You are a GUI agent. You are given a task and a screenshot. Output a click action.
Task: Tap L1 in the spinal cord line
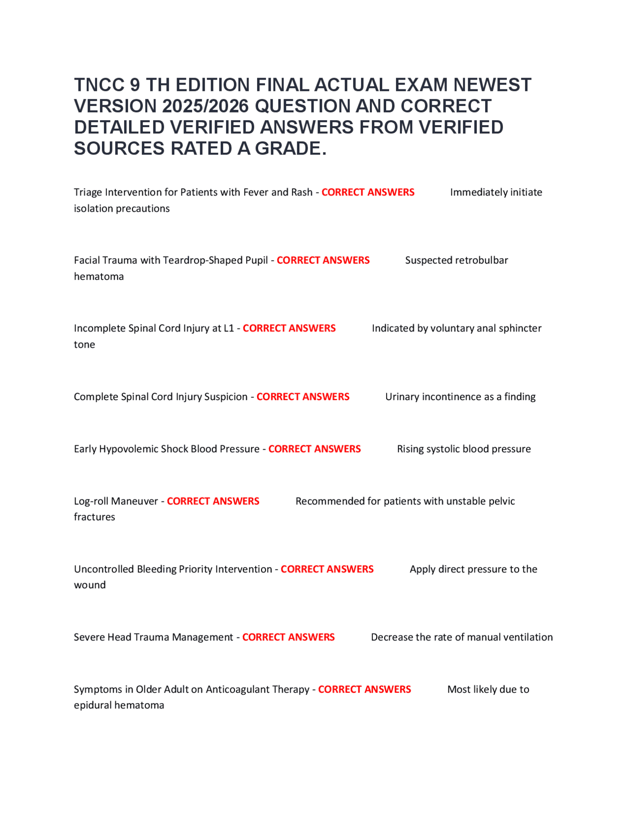(x=229, y=328)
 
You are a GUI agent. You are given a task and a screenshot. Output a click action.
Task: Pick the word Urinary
(x=401, y=397)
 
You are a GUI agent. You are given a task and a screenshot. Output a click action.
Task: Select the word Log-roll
(x=91, y=501)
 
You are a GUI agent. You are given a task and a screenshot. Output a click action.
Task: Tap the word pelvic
(x=501, y=501)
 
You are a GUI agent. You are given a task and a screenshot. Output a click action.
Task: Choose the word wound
(x=90, y=585)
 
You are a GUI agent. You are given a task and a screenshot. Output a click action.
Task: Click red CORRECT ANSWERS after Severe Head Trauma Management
(x=288, y=637)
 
